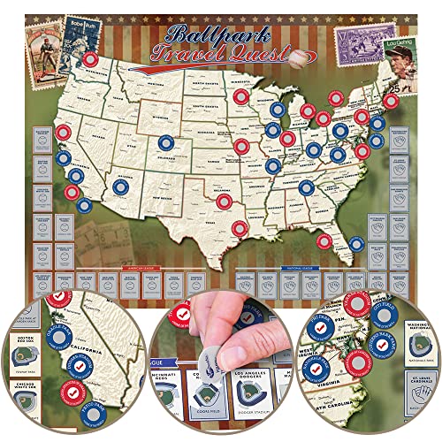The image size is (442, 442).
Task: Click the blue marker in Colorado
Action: tap(164, 141)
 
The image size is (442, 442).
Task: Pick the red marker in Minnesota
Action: tap(239, 97)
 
